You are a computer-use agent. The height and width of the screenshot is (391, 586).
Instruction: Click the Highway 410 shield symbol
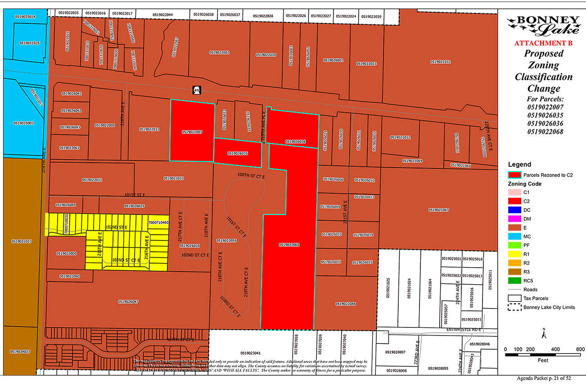point(196,90)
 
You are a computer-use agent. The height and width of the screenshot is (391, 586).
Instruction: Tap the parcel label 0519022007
point(192,132)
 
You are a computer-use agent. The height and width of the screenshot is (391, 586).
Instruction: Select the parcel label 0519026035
point(238,153)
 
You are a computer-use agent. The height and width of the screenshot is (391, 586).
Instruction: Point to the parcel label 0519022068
point(289,245)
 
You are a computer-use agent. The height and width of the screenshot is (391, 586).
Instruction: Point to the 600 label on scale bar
point(580,349)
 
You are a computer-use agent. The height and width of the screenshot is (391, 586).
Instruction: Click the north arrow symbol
point(544,334)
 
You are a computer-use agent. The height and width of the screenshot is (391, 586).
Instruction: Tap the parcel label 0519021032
point(440,62)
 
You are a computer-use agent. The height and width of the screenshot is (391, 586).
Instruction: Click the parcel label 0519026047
point(128,302)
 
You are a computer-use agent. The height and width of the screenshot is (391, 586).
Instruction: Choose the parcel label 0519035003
point(23,123)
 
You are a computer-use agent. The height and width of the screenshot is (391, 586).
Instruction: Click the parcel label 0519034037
point(20,351)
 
